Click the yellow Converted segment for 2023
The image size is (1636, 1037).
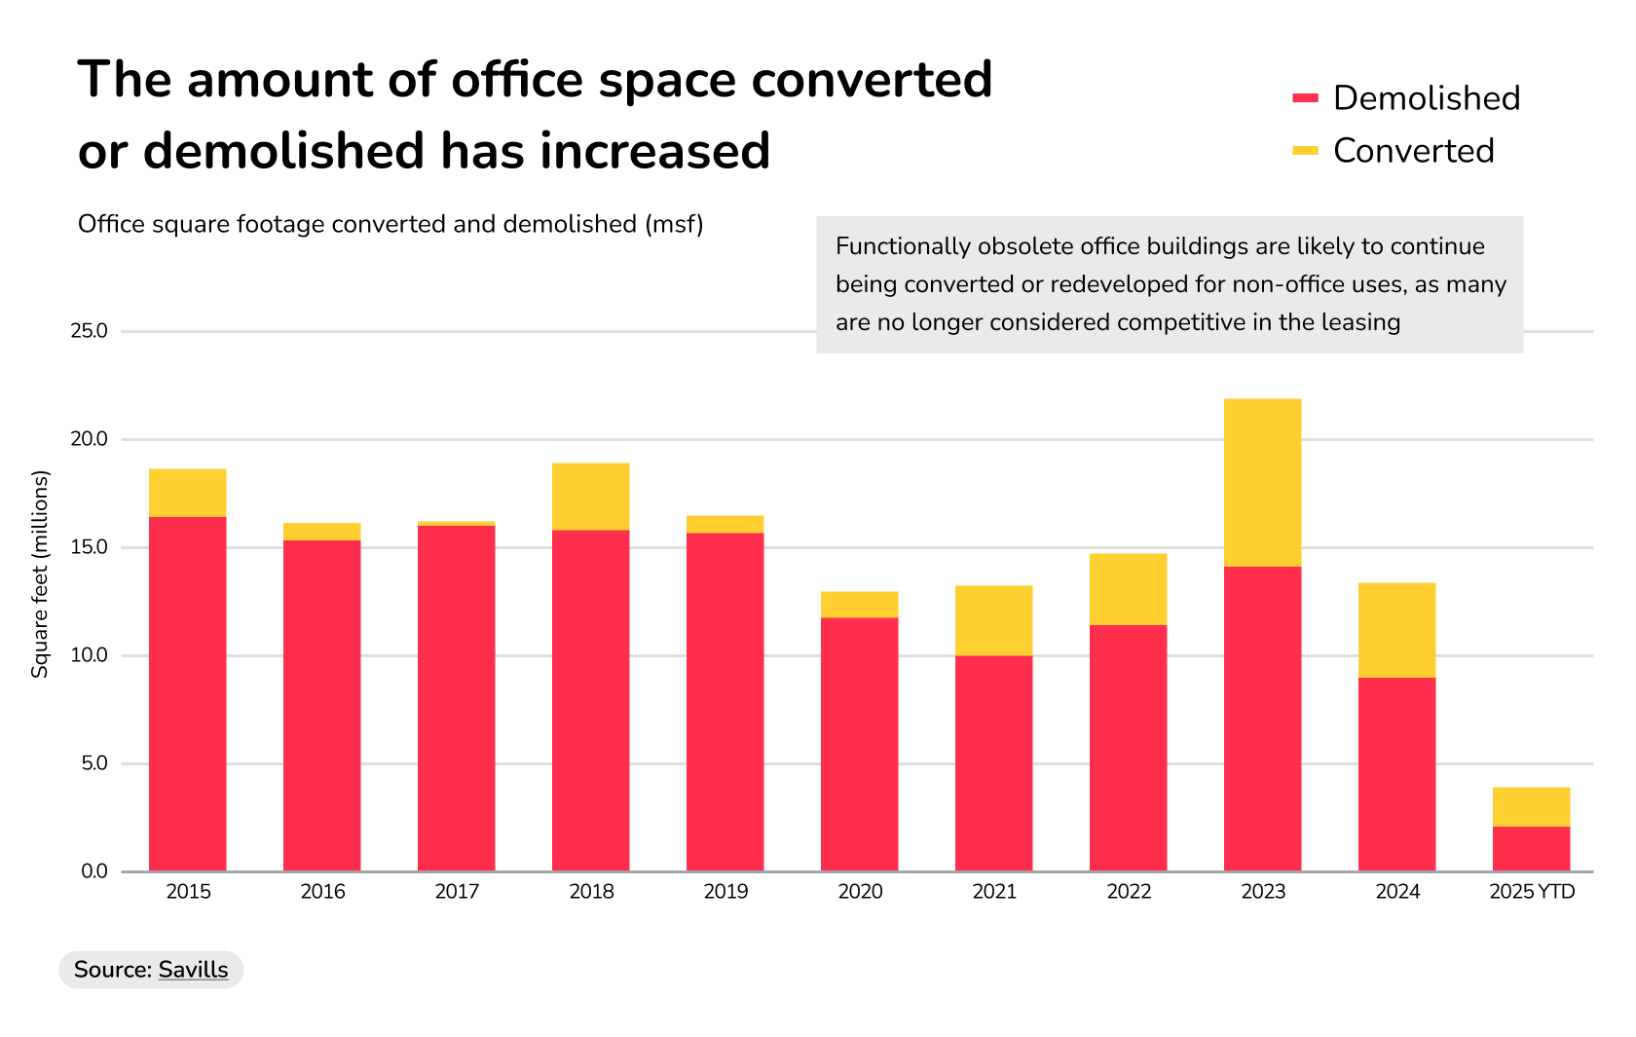point(1262,482)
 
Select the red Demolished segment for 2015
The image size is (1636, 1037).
point(187,693)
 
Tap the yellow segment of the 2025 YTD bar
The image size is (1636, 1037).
point(1531,806)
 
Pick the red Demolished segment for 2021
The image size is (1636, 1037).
point(993,763)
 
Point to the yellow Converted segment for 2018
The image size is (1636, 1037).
point(590,497)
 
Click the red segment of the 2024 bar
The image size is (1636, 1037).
point(1396,774)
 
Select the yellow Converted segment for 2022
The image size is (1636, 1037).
point(1128,589)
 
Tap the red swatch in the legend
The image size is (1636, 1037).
point(1305,98)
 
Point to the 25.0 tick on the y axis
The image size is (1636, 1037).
point(89,331)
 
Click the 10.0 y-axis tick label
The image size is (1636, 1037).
point(89,655)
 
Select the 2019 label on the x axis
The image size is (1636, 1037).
point(725,892)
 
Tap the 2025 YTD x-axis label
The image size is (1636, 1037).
point(1532,892)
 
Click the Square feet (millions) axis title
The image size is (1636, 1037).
point(40,574)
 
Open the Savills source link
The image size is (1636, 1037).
point(193,970)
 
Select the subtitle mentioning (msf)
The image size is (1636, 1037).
point(390,224)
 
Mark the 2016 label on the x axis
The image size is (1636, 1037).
point(322,892)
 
